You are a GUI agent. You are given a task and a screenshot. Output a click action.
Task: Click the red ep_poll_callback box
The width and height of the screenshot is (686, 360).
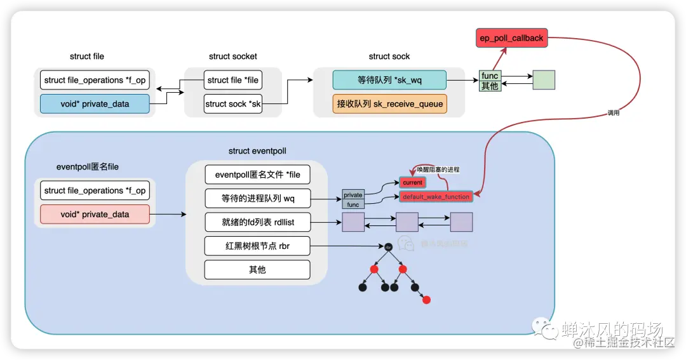click(x=511, y=38)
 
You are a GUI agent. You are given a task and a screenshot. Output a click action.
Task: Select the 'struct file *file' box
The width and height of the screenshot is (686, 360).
click(x=233, y=80)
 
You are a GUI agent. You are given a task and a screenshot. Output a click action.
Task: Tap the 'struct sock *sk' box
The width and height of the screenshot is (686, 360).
click(x=233, y=103)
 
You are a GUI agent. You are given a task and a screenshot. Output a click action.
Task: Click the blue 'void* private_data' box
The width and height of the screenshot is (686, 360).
click(x=95, y=103)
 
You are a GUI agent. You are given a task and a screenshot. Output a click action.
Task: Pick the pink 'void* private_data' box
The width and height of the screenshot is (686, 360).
click(x=95, y=215)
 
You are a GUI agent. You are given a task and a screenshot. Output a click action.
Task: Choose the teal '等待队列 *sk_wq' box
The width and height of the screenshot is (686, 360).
click(x=389, y=80)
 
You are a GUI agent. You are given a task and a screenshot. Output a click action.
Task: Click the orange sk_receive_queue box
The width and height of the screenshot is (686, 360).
click(x=389, y=103)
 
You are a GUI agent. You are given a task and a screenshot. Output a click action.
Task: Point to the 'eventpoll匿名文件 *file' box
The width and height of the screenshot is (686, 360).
click(x=257, y=175)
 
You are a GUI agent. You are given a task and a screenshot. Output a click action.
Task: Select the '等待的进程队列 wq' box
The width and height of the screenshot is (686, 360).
click(x=257, y=199)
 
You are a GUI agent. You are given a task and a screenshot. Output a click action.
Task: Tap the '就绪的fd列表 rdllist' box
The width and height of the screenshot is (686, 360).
click(x=257, y=222)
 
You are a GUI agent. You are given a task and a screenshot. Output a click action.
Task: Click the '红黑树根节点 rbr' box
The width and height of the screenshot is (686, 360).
click(x=257, y=246)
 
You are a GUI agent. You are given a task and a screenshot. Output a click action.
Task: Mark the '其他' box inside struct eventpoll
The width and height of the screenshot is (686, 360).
click(x=257, y=270)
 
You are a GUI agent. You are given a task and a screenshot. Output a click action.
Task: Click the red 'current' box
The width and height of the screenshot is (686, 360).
click(x=412, y=182)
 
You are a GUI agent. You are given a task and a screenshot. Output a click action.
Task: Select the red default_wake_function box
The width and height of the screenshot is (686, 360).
click(x=436, y=197)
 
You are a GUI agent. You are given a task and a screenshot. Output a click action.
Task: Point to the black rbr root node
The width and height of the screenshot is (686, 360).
click(x=387, y=246)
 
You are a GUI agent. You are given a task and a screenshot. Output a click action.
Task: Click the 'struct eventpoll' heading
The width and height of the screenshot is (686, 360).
click(x=257, y=151)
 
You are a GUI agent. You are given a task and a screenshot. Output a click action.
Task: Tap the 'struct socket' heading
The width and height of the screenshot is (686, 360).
click(x=233, y=57)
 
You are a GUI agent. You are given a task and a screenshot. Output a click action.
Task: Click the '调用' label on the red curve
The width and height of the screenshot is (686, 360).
click(x=613, y=113)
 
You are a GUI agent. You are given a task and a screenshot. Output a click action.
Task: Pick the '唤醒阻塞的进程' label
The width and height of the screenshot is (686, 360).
click(x=438, y=170)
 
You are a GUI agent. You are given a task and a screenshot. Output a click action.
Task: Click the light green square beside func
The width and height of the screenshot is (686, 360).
click(x=544, y=80)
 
